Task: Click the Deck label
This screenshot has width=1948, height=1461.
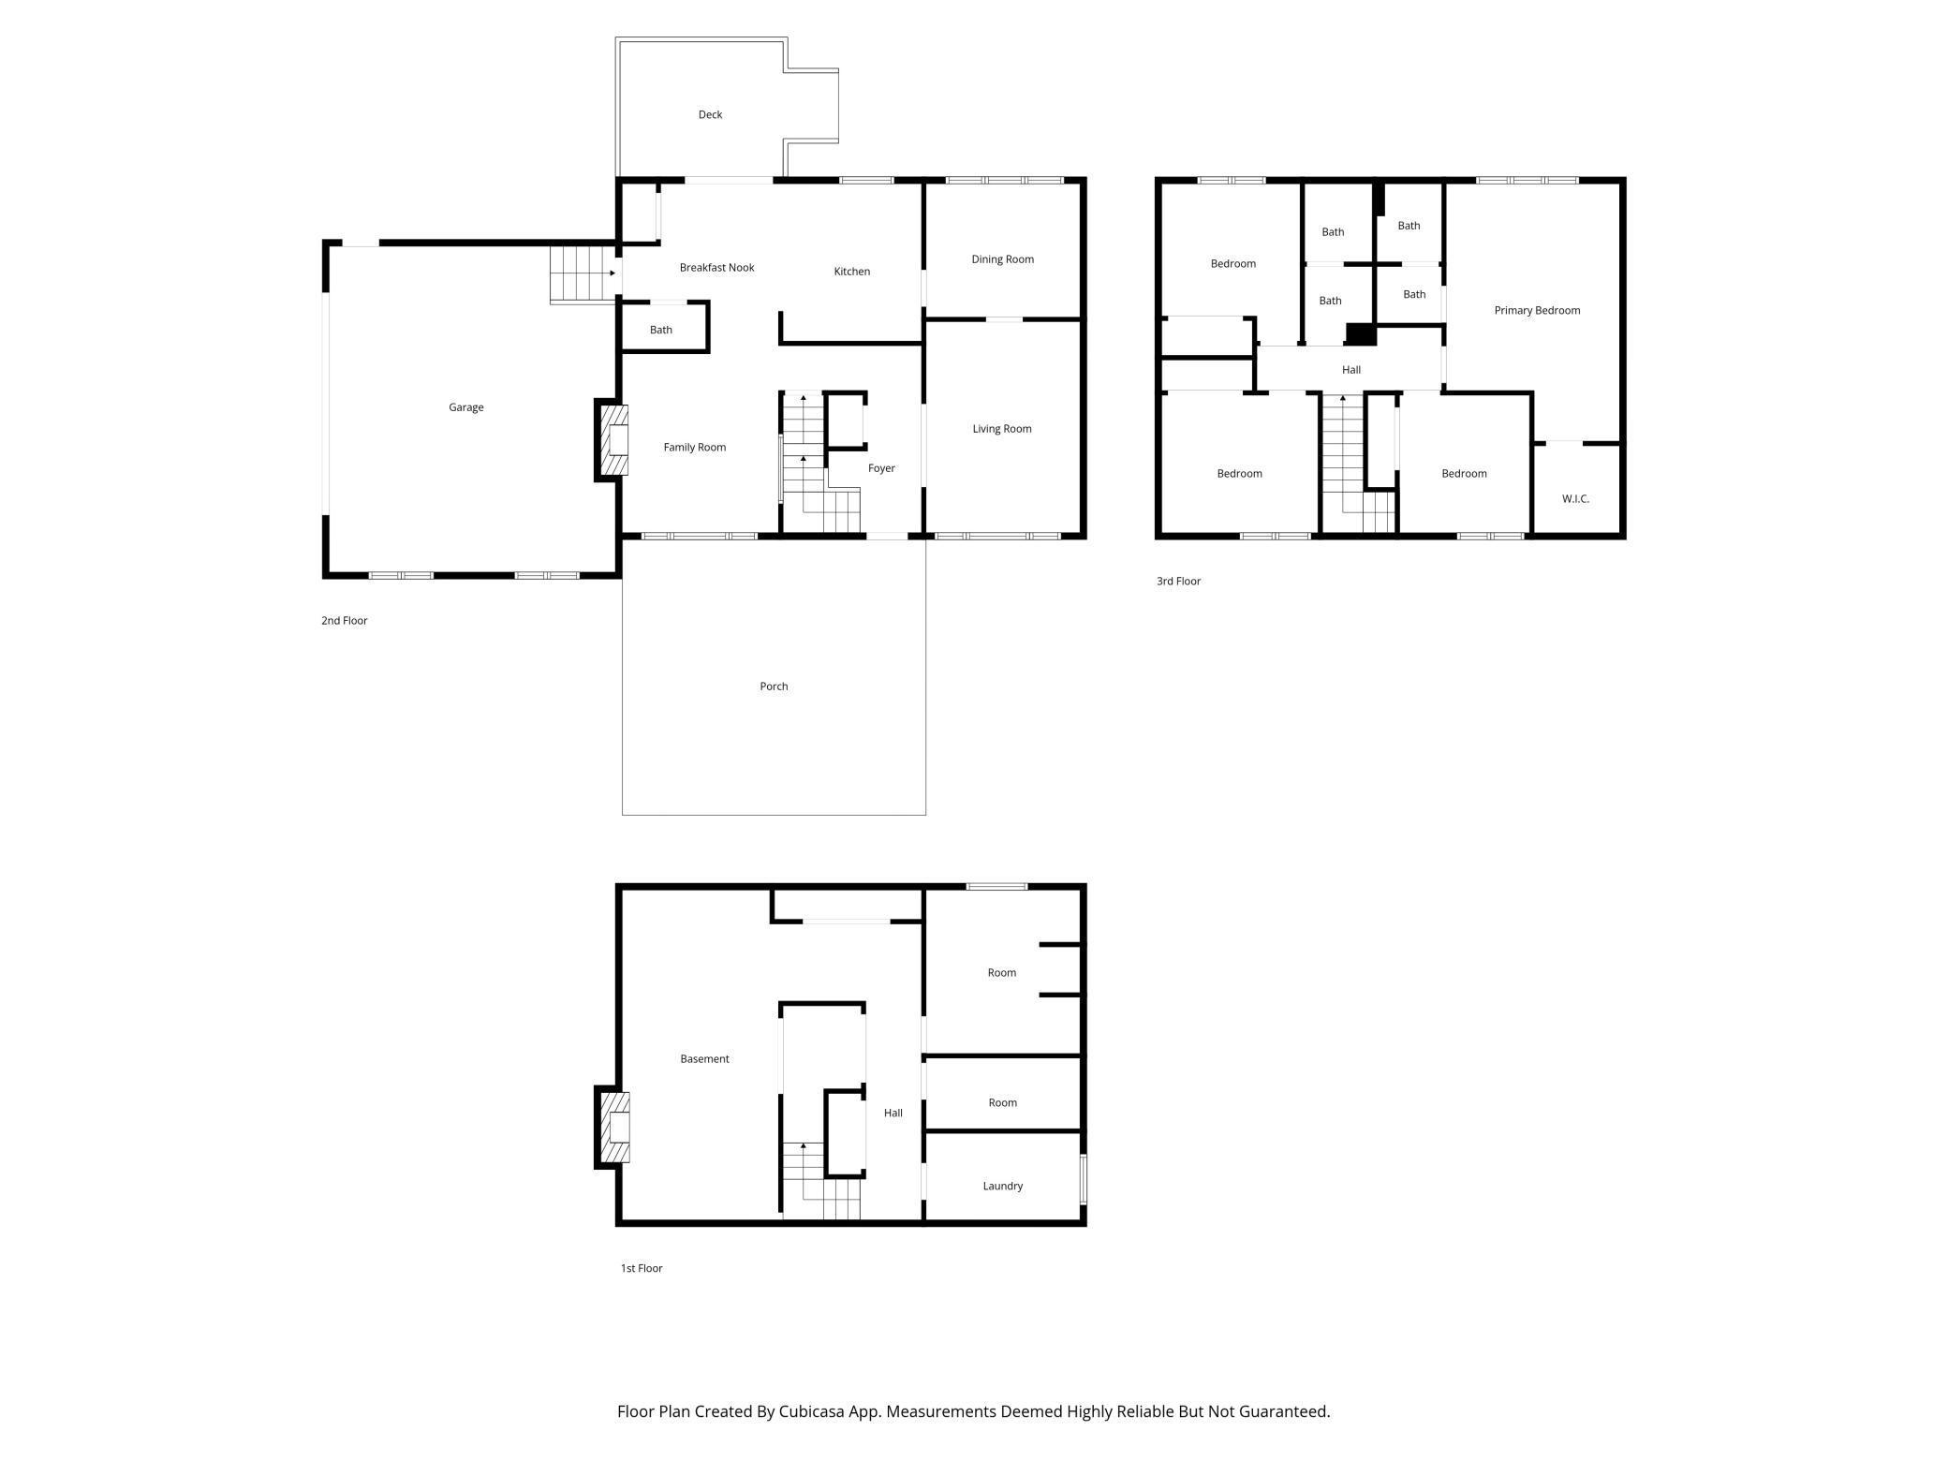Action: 710,114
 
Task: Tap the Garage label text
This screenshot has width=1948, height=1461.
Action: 465,407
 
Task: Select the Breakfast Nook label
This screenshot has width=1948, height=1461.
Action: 716,268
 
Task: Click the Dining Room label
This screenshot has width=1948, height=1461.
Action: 1002,259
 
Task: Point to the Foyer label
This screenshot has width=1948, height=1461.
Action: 880,468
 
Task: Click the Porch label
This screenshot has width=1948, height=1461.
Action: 774,686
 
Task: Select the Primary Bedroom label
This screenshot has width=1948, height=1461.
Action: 1536,310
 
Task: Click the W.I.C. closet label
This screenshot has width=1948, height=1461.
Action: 1575,499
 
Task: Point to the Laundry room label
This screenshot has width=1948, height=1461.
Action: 1002,1186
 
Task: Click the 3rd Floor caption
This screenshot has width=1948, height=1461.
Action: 1178,582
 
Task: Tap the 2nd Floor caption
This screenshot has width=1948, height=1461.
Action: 344,621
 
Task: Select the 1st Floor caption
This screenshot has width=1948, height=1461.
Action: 641,1268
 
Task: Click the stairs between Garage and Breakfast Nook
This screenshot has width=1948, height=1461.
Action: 581,273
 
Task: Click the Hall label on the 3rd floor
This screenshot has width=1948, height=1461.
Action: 1350,370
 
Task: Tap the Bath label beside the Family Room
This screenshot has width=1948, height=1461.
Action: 660,330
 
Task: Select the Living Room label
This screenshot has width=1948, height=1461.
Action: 1001,429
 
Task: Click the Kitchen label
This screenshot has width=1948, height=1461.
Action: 851,272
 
